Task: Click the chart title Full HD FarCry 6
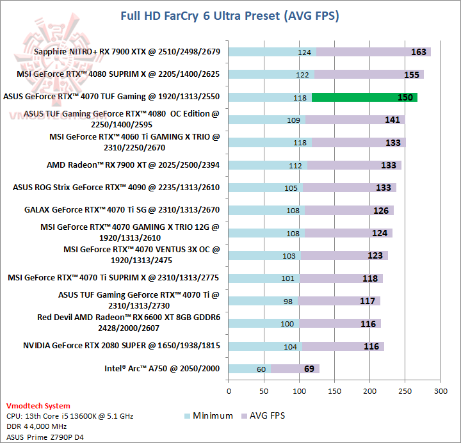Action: pyautogui.click(x=230, y=15)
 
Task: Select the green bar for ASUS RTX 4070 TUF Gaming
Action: pyautogui.click(x=364, y=97)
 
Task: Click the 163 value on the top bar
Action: pyautogui.click(x=418, y=52)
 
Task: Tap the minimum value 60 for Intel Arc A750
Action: pyautogui.click(x=261, y=369)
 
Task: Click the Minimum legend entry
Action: pyautogui.click(x=209, y=415)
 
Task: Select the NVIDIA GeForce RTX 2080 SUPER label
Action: pyautogui.click(x=122, y=346)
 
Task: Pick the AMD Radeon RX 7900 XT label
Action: pyautogui.click(x=133, y=165)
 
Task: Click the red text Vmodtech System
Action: pyautogui.click(x=38, y=406)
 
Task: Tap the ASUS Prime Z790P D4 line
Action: pyautogui.click(x=45, y=437)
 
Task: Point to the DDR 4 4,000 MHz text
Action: pyautogui.click(x=38, y=426)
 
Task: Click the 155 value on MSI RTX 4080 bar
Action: pyautogui.click(x=412, y=74)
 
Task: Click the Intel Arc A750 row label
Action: pyautogui.click(x=162, y=368)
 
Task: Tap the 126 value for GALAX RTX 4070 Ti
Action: pyautogui.click(x=381, y=210)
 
